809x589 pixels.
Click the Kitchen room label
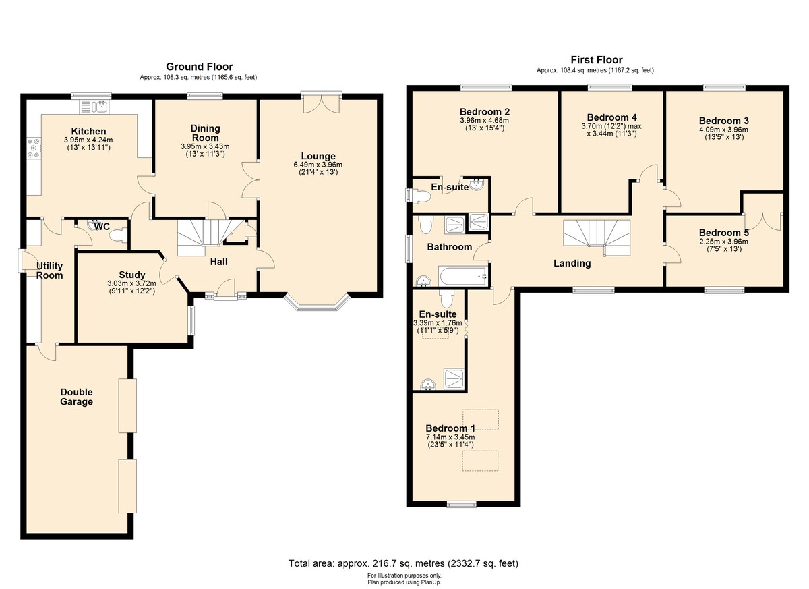[x=88, y=131]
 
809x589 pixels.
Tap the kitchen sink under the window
[x=94, y=107]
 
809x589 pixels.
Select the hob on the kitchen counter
[x=34, y=148]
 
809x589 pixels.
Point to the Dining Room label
[x=205, y=133]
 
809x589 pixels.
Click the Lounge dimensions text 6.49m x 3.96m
[x=318, y=165]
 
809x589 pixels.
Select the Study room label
[x=132, y=275]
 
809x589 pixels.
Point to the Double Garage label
[x=77, y=397]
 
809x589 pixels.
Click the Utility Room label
[x=49, y=271]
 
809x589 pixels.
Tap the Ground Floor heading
[x=200, y=67]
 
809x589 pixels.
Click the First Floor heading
[x=597, y=60]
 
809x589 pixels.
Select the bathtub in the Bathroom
[x=463, y=277]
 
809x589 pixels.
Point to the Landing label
[x=572, y=263]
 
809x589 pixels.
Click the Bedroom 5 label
[x=724, y=233]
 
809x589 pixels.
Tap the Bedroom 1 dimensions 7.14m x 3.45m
[x=450, y=437]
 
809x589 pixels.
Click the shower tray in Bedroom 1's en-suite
[x=454, y=379]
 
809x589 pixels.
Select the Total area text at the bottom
[x=403, y=563]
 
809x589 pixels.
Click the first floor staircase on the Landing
[x=597, y=238]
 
